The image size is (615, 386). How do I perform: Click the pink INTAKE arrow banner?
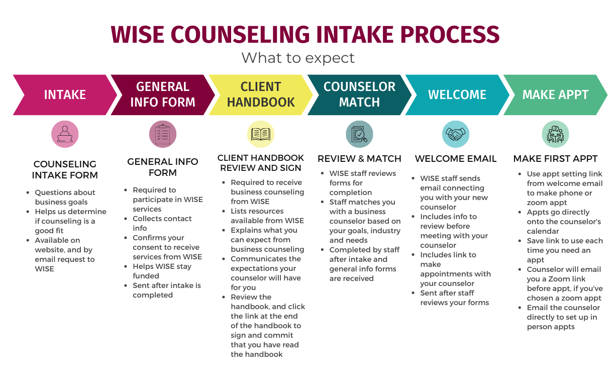64,94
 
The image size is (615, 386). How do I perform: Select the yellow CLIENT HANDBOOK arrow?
261,94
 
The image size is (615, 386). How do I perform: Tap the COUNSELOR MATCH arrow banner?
359,94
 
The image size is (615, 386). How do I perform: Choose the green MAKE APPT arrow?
555,94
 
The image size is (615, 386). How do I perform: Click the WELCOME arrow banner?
457,94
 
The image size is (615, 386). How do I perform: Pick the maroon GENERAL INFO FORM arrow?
162,94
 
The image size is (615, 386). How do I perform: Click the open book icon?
261,134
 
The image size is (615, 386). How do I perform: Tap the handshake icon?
456,134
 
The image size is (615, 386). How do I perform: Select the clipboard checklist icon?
163,134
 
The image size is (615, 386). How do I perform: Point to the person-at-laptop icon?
65,134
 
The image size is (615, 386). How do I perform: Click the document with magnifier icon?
359,134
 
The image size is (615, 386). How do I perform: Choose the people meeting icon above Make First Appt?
555,134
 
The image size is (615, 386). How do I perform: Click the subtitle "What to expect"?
298,58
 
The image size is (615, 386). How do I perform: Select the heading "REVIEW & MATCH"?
359,159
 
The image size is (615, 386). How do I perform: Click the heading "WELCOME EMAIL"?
456,159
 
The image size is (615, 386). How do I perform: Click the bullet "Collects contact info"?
162,223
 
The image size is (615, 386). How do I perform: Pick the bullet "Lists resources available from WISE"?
267,216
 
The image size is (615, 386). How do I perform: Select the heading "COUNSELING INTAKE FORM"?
65,170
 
